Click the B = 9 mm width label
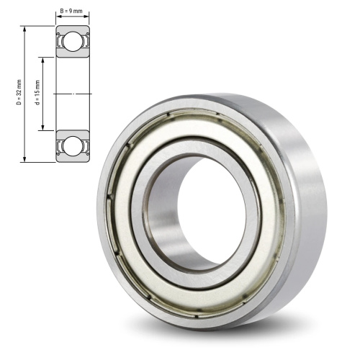coord(71,11)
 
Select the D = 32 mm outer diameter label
coord(19,92)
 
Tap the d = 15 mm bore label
coord(37,93)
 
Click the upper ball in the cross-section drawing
coord(73,41)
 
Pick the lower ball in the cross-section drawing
coord(73,146)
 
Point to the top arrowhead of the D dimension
coord(24,29)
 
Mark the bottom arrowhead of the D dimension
coord(24,159)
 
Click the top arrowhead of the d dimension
coord(43,60)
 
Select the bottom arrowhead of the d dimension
coord(43,127)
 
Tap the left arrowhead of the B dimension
coord(59,17)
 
